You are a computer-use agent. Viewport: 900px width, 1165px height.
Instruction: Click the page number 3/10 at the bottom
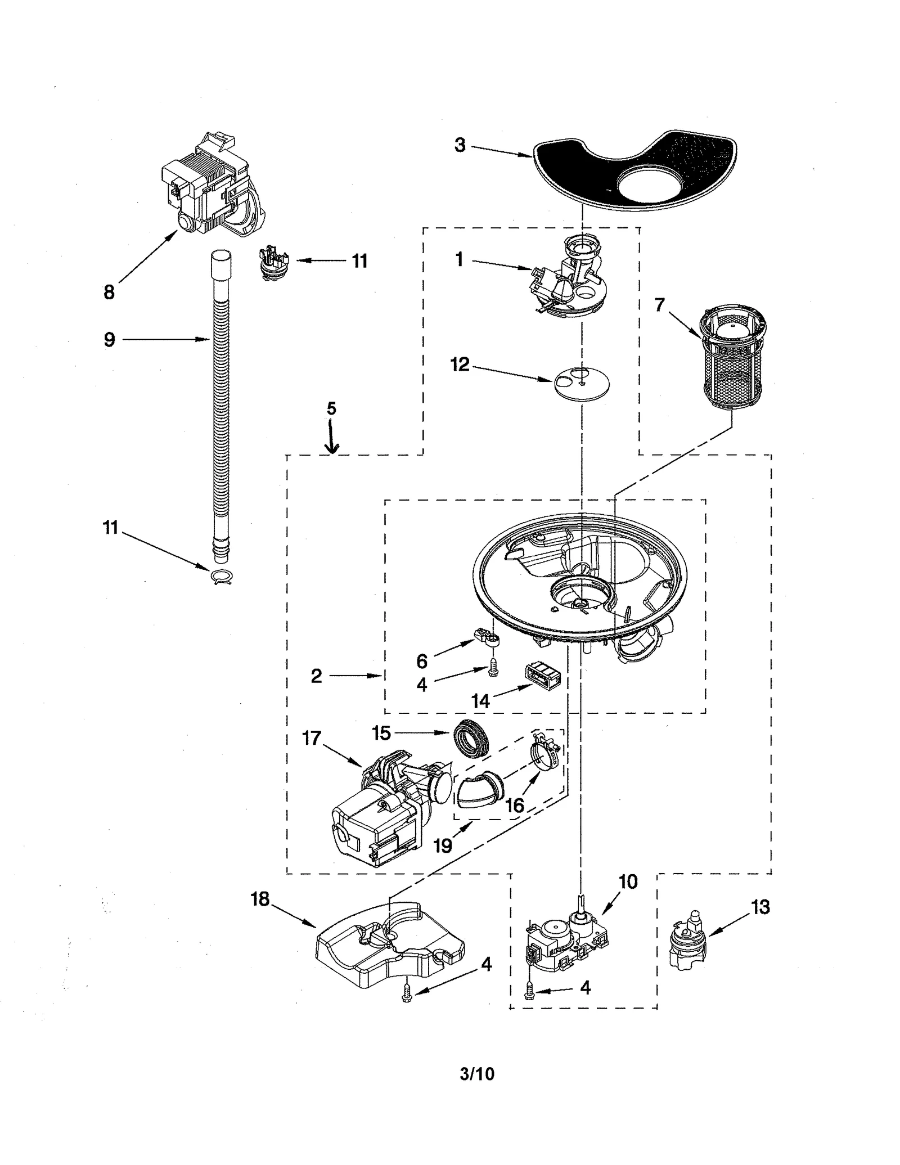[476, 1074]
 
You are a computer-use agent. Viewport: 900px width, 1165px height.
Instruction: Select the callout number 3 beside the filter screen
[460, 145]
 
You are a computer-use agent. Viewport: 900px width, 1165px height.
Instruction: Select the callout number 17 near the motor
[312, 737]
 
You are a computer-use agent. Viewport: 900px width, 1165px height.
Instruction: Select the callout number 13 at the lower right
[759, 907]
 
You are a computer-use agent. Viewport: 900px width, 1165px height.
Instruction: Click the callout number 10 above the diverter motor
[628, 881]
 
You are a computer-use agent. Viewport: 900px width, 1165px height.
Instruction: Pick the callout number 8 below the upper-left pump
[109, 292]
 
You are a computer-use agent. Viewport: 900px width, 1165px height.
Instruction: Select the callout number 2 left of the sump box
[317, 676]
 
